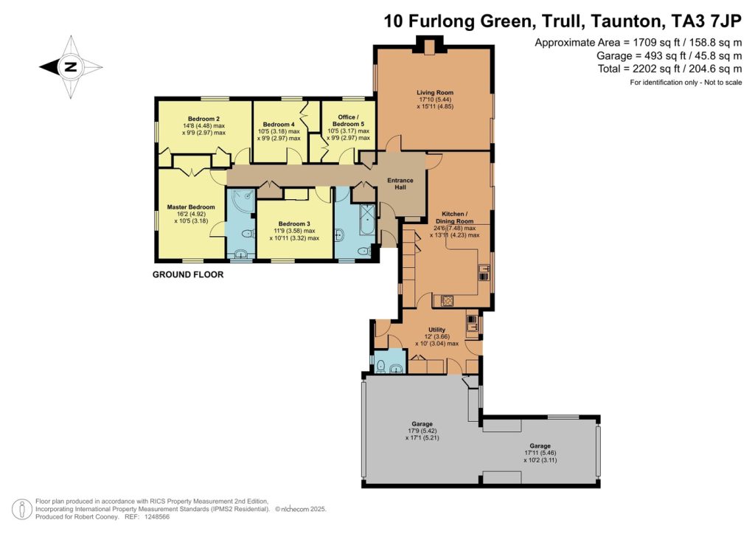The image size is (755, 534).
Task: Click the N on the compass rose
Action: tap(72, 67)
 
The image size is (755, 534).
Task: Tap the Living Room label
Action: tap(435, 92)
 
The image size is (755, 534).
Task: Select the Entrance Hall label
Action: tap(400, 184)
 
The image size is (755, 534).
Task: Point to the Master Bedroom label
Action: tap(191, 207)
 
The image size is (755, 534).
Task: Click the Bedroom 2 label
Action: tap(203, 119)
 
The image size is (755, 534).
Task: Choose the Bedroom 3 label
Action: tap(294, 224)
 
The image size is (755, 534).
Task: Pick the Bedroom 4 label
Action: tap(279, 124)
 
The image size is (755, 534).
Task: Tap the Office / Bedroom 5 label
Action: tap(348, 120)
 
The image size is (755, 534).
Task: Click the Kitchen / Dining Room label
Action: tap(454, 218)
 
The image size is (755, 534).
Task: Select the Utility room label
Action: tap(436, 330)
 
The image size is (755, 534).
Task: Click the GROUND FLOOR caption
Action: tap(188, 274)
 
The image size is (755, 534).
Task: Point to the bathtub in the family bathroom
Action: tap(367, 220)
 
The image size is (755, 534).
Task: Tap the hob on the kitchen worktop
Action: tap(448, 301)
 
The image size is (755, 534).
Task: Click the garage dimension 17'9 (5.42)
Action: tap(422, 431)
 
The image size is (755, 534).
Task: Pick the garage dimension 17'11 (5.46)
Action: tap(540, 453)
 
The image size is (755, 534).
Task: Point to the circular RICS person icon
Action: tap(22, 510)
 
